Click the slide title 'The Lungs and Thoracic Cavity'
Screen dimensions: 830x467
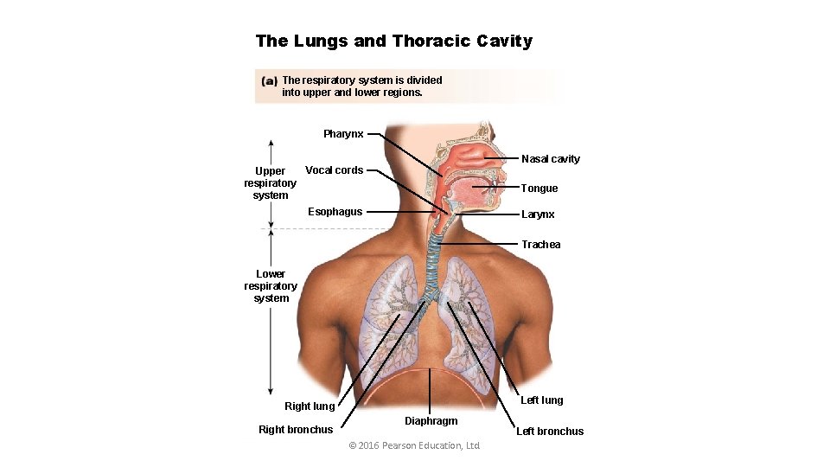[x=394, y=42]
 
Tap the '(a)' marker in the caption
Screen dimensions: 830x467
[x=269, y=80]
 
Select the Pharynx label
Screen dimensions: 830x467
[x=343, y=134]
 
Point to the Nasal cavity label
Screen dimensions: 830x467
[x=550, y=159]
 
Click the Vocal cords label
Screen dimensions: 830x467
[x=334, y=170]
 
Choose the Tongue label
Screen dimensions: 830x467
[x=539, y=189]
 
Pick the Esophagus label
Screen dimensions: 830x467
[x=335, y=212]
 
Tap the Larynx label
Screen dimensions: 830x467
[x=538, y=214]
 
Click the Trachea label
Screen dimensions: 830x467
[x=540, y=245]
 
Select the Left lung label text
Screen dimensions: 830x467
[x=541, y=400]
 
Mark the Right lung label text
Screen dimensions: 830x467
[x=310, y=406]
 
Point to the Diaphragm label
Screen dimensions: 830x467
[x=431, y=421]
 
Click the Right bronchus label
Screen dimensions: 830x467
[x=296, y=430]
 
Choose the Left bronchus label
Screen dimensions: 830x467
[x=550, y=432]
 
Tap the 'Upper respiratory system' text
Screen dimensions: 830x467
[x=270, y=183]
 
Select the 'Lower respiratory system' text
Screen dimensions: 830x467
[x=271, y=286]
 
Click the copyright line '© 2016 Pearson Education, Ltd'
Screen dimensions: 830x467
[x=413, y=445]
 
